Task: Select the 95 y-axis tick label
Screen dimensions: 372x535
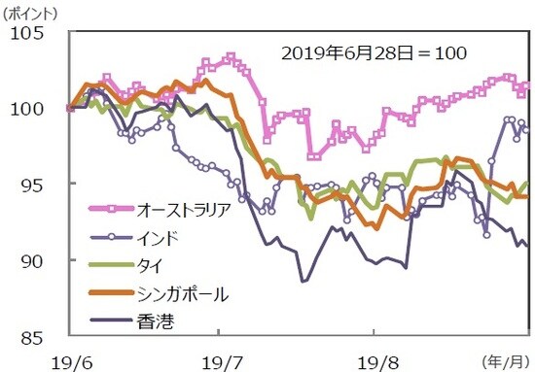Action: point(33,185)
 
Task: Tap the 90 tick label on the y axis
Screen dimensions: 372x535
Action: point(33,260)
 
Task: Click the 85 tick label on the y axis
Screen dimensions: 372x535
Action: point(33,337)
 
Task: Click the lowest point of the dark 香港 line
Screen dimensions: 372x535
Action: point(303,281)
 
